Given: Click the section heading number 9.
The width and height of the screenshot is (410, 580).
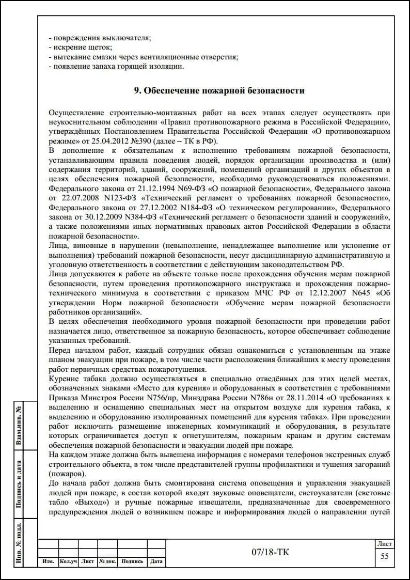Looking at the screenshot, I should click(x=137, y=91).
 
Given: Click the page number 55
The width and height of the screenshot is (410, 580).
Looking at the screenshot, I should click(x=385, y=556).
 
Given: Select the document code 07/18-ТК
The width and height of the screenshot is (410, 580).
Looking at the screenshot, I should click(x=271, y=553).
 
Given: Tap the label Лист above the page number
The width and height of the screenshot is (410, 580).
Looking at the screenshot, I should click(x=385, y=544).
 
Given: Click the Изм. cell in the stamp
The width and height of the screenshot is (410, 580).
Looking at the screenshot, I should click(x=48, y=561).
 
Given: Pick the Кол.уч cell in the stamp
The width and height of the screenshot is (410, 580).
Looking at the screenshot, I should click(x=68, y=561).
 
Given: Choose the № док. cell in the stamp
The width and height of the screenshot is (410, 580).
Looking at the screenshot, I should click(x=107, y=561).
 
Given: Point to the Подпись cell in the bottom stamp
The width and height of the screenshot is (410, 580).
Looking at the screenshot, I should click(x=132, y=561).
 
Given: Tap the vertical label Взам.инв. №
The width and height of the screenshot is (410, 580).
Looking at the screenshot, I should click(x=19, y=426).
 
